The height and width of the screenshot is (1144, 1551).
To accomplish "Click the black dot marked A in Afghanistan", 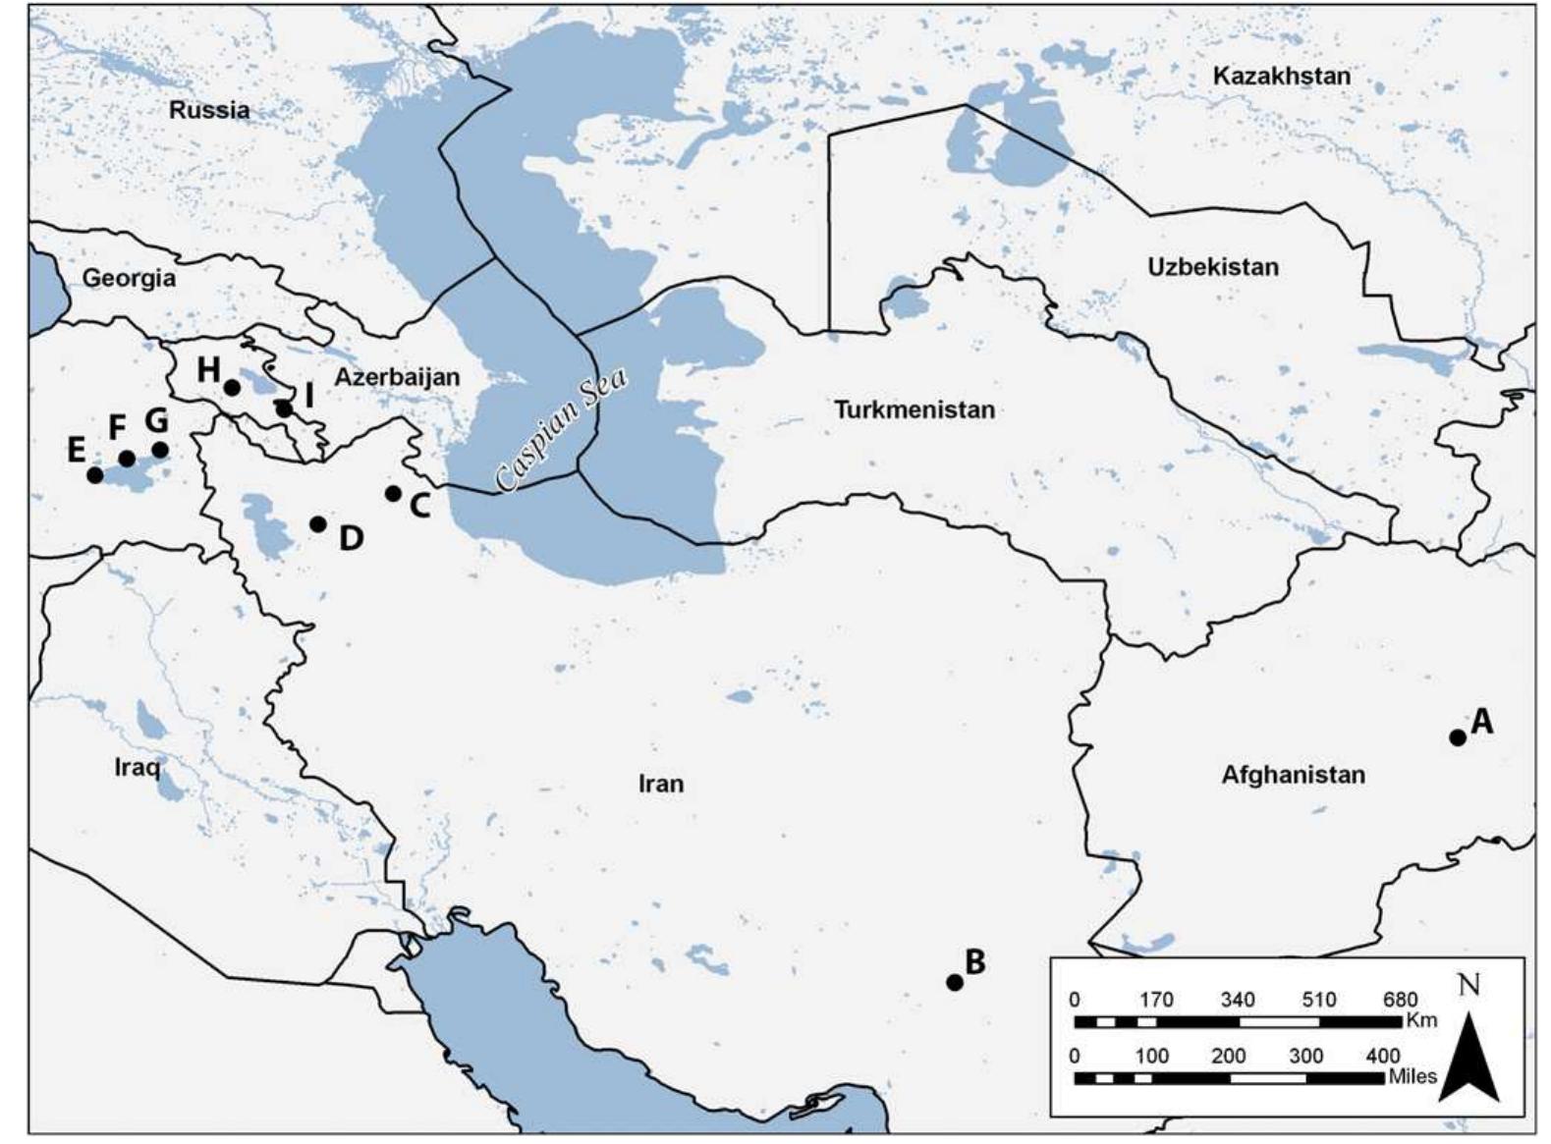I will point(1458,737).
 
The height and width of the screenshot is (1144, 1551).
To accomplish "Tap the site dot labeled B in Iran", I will point(954,982).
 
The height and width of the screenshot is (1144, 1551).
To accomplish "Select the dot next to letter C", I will point(393,493).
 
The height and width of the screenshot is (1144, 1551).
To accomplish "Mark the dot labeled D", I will point(317,524).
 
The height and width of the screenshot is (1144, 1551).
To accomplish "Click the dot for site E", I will point(94,475).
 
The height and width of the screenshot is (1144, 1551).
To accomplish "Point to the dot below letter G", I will point(160,450).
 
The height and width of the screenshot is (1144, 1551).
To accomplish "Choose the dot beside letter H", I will point(232,388).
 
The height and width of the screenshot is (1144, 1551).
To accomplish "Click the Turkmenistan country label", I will point(914,409).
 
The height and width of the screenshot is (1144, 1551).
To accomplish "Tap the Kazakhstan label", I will point(1281,76).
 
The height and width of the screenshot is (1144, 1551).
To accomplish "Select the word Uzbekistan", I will point(1213,267).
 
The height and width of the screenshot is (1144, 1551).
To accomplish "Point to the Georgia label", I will point(129,278).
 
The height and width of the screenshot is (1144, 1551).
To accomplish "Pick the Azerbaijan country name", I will point(397,377).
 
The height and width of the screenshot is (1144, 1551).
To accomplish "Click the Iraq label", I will point(137,767).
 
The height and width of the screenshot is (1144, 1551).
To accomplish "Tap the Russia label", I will point(209,109).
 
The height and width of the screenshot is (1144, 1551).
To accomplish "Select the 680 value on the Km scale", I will point(1400,1000).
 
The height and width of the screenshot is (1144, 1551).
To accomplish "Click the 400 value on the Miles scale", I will point(1382,1056).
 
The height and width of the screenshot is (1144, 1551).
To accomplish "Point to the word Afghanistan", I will point(1293,775).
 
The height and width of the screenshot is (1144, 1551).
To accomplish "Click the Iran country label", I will point(661,784).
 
